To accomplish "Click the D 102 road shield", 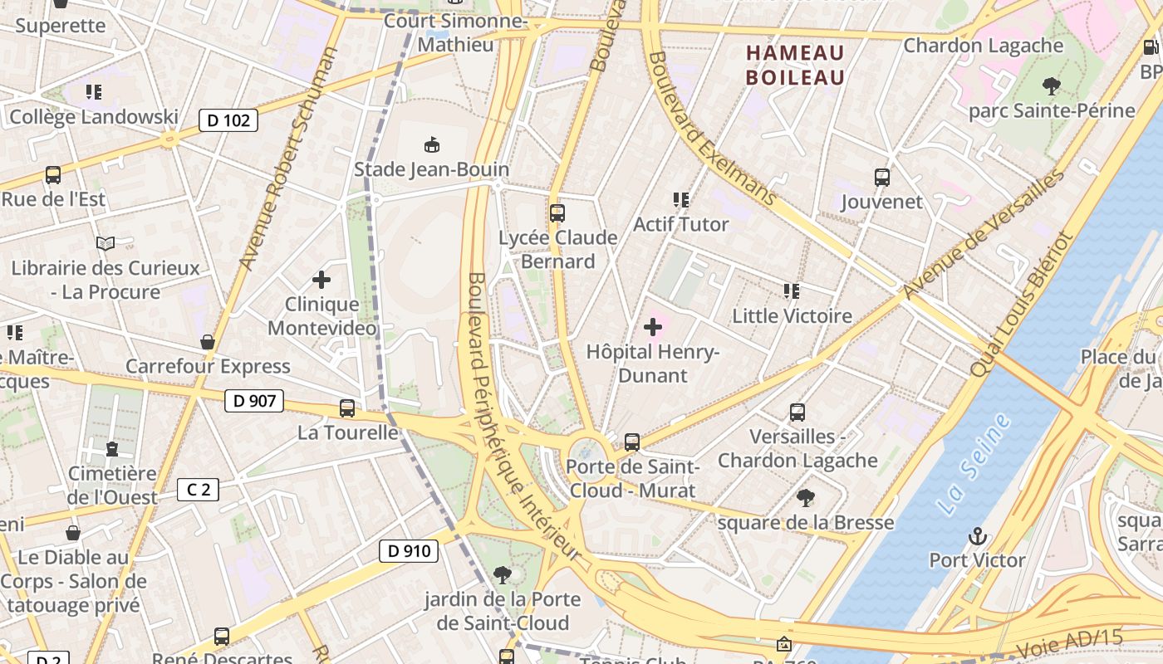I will pyautogui.click(x=228, y=120).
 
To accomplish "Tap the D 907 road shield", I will pyautogui.click(x=254, y=402).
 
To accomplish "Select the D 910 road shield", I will pyautogui.click(x=409, y=550).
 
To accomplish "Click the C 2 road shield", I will pyautogui.click(x=199, y=490).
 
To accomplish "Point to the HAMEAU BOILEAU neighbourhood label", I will pyautogui.click(x=795, y=65).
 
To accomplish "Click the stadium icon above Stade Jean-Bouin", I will pyautogui.click(x=431, y=145).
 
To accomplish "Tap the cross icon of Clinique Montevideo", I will pyautogui.click(x=321, y=280).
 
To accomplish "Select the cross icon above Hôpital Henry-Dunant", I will pyautogui.click(x=653, y=327).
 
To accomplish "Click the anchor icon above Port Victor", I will pyautogui.click(x=977, y=535).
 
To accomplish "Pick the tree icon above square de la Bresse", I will pyautogui.click(x=805, y=498).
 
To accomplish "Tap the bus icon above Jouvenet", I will pyautogui.click(x=882, y=177).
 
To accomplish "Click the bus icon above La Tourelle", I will pyautogui.click(x=347, y=408).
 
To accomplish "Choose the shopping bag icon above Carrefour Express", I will pyautogui.click(x=208, y=342).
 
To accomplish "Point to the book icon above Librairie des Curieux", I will pyautogui.click(x=105, y=244).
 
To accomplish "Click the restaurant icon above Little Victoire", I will pyautogui.click(x=792, y=291).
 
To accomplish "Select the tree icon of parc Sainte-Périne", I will pyautogui.click(x=1052, y=85).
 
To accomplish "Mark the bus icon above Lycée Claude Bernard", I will pyautogui.click(x=557, y=213).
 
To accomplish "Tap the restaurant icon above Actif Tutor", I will pyautogui.click(x=681, y=200).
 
